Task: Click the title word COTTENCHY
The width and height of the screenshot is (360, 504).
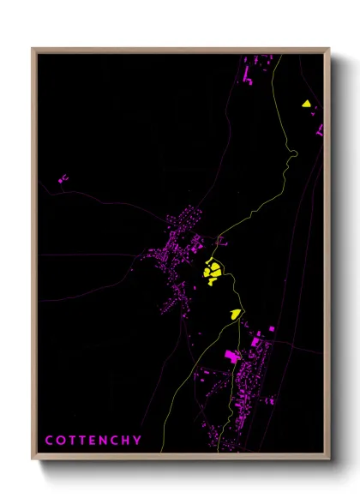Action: tap(93, 440)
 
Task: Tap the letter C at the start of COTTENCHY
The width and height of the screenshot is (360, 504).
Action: tap(49, 440)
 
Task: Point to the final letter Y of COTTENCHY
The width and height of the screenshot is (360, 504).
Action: tap(138, 440)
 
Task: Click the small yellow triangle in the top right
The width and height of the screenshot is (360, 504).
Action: tap(305, 104)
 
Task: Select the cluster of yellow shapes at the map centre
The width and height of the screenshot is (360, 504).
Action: tap(213, 272)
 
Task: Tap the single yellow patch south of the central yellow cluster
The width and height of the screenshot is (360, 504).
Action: tap(235, 314)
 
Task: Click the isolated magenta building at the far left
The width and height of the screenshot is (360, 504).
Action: tap(62, 179)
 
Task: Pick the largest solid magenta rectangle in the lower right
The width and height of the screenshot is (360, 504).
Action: tap(231, 355)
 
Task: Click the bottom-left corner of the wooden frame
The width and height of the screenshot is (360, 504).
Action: tap(33, 459)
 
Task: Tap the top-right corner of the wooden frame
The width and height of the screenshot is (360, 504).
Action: tap(328, 49)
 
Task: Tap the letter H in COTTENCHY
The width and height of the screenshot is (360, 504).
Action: tap(127, 440)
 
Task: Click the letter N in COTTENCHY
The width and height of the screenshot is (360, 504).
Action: tap(105, 440)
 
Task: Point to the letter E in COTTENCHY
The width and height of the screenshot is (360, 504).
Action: tap(93, 440)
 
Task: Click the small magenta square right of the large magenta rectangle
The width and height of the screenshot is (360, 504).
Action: tap(272, 329)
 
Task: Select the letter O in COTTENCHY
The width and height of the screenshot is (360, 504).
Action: tap(60, 440)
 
